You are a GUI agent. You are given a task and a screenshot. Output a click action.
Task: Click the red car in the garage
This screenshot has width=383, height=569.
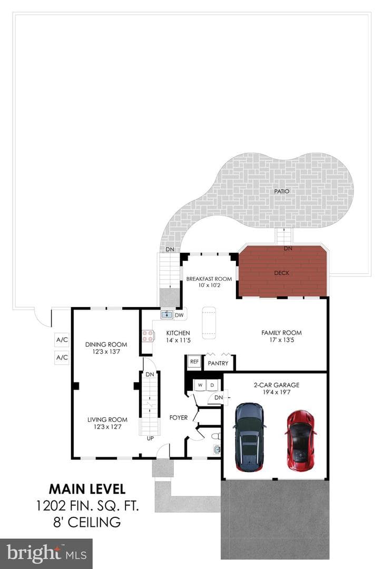click(x=300, y=440)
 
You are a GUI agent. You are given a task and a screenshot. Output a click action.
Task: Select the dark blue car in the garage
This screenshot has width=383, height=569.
click(x=250, y=437)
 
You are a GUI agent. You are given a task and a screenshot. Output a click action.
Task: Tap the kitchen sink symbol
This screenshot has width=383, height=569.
click(x=168, y=314)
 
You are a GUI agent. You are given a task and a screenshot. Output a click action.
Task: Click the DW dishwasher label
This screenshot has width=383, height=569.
click(x=179, y=315)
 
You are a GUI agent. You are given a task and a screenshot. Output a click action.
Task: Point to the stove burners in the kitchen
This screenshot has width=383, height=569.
click(x=148, y=336)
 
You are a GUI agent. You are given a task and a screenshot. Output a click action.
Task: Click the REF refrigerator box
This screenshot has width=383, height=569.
click(x=194, y=362)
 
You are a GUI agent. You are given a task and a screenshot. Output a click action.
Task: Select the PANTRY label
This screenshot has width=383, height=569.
click(x=218, y=363)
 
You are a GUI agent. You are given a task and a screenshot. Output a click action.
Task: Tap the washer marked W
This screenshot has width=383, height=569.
click(x=200, y=385)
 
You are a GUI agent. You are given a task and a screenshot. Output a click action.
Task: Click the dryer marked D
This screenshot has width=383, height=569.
click(x=212, y=385)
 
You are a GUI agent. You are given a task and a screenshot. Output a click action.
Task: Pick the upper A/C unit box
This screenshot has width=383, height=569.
click(x=62, y=340)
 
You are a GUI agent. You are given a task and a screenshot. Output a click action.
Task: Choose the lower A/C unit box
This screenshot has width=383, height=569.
click(x=62, y=357)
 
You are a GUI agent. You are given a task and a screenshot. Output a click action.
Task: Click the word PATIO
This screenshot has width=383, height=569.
click(x=282, y=191)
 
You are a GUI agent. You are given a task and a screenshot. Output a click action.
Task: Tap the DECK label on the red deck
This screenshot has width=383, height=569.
click(x=282, y=273)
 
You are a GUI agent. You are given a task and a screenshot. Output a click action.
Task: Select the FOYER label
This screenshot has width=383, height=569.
click(x=179, y=418)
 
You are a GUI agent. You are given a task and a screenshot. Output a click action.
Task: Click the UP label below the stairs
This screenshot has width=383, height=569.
click(x=150, y=438)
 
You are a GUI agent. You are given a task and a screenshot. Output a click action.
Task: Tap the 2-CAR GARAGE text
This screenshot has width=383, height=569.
click(x=277, y=385)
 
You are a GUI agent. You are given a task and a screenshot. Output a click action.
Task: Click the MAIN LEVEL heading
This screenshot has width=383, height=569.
click(x=87, y=489)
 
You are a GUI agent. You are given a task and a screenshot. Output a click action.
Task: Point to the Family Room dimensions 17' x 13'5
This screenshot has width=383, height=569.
click(x=282, y=340)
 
